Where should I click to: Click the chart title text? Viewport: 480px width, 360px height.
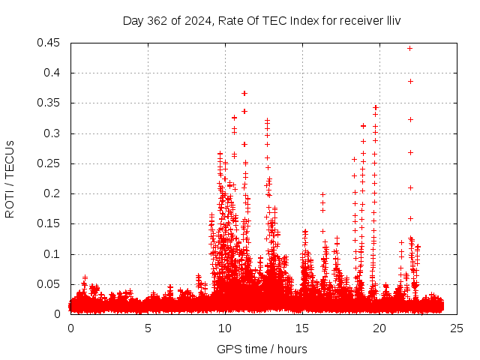tap(262, 20)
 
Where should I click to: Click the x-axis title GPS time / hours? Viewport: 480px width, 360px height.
tap(262, 349)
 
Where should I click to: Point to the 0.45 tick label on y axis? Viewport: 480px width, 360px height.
tap(51, 43)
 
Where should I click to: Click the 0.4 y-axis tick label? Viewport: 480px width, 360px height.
tap(54, 73)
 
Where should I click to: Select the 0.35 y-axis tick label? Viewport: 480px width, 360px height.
tap(51, 103)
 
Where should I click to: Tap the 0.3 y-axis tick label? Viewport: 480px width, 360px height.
tap(54, 133)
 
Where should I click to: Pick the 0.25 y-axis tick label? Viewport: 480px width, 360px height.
tap(51, 163)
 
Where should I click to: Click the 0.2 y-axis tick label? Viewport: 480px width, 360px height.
tap(54, 193)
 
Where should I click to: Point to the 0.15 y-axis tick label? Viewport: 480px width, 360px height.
tap(51, 223)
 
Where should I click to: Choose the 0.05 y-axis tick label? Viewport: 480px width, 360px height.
tap(51, 284)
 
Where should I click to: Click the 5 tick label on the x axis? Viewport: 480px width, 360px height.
tap(148, 328)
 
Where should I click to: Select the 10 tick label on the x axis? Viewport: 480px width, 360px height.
tap(225, 328)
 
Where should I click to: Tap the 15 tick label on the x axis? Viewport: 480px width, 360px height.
tap(302, 328)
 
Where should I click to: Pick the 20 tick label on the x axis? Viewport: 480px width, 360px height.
tap(379, 328)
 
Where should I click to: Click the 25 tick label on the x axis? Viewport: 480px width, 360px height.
tap(457, 328)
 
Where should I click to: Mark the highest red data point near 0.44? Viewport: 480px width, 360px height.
tap(409, 48)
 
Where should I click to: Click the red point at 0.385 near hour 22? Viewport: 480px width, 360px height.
tap(410, 81)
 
